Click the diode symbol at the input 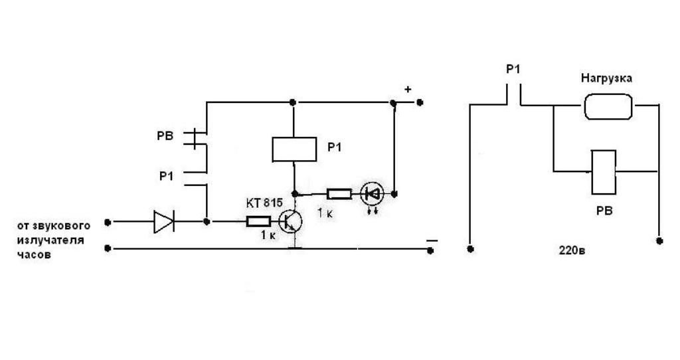coord(163,222)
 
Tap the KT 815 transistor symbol coord(290,221)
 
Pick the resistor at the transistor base coord(258,222)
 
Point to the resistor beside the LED coord(339,194)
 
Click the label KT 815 coord(262,203)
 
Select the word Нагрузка coord(606,78)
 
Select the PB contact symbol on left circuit coord(193,137)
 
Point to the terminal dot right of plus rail coord(420,103)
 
